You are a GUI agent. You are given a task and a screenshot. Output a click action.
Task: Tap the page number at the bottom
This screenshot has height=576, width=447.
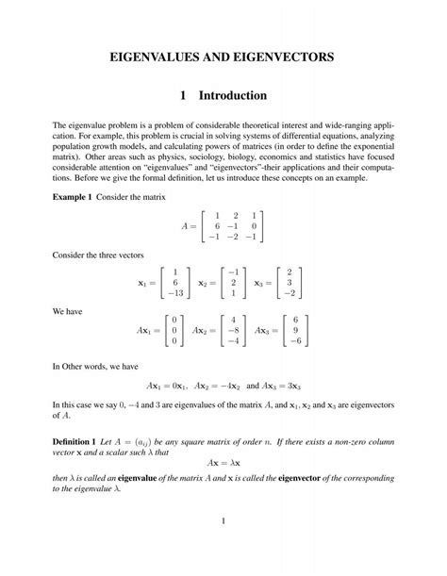(x=223, y=521)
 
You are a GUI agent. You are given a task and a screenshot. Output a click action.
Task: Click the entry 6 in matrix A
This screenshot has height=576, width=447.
(x=217, y=226)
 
